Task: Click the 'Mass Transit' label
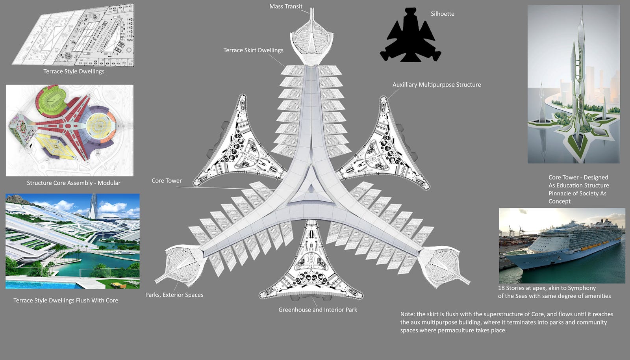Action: click(286, 6)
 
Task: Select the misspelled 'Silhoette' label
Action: click(442, 14)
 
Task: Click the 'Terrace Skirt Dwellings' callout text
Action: click(253, 50)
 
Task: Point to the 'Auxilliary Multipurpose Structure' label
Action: click(436, 85)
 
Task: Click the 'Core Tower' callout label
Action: click(167, 181)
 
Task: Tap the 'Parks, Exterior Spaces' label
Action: click(174, 295)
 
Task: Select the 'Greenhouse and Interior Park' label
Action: click(318, 310)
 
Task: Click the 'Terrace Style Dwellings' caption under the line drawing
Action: click(74, 71)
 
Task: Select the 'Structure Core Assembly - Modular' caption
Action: click(74, 183)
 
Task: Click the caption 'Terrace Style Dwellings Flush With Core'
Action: click(66, 301)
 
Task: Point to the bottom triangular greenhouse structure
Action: click(311, 268)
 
